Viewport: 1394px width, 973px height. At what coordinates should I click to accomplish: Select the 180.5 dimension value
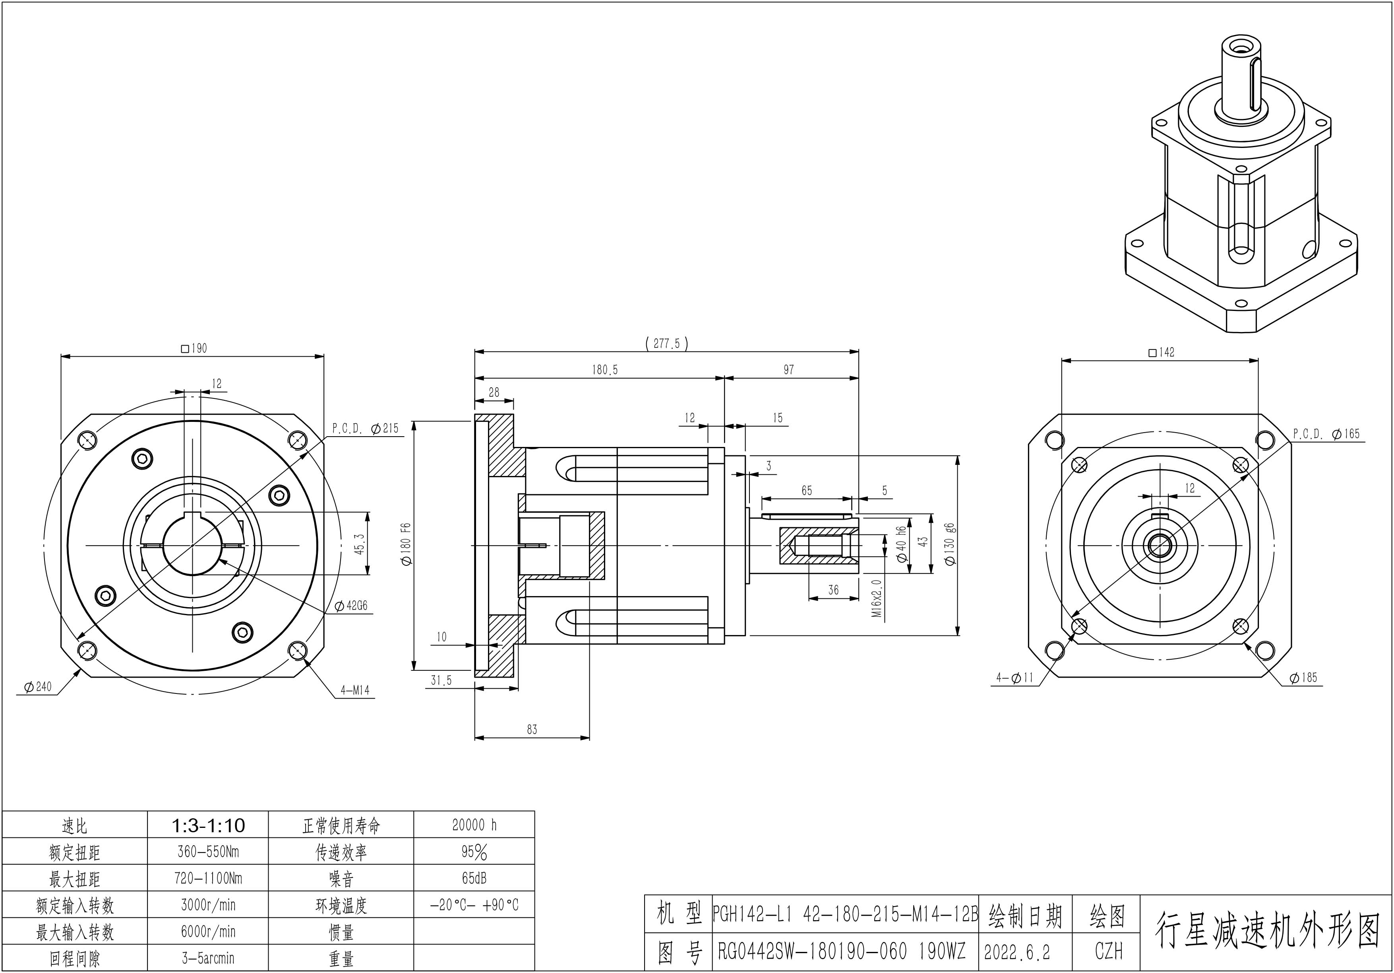[605, 370]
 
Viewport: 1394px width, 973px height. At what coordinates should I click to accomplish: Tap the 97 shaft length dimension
[789, 370]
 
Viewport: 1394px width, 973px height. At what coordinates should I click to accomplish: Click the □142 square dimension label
[1162, 352]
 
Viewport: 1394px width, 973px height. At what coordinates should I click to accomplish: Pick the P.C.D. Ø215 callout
[366, 429]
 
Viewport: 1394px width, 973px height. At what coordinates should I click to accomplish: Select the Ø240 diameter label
[38, 687]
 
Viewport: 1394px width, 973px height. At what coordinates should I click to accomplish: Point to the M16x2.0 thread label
[877, 598]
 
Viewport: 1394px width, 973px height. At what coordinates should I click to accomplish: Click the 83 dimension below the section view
[532, 729]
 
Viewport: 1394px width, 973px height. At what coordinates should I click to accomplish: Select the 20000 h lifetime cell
[474, 825]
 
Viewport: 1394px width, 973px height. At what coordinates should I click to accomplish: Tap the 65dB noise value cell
[474, 878]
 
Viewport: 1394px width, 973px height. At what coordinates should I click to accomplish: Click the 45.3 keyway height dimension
[360, 544]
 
